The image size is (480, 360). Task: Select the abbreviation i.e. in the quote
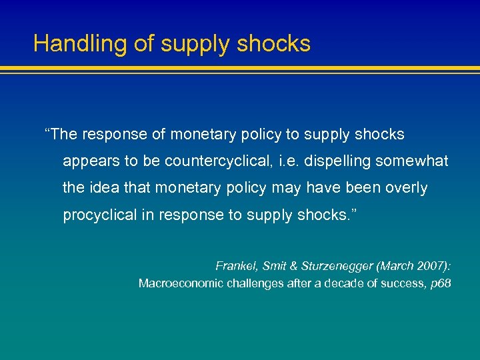tap(299, 161)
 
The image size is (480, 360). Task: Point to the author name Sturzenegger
tap(338, 266)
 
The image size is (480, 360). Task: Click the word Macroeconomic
tap(180, 283)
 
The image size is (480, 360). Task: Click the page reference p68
tap(441, 283)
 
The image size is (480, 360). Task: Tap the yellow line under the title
tap(240, 68)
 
